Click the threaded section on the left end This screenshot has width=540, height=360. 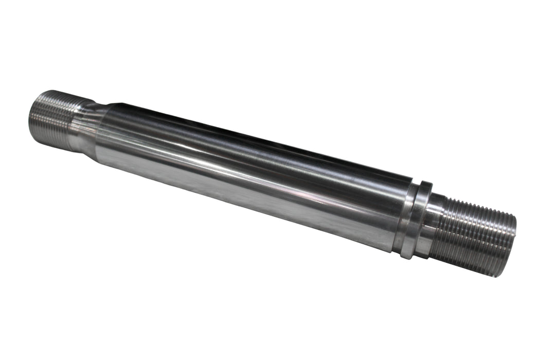pyautogui.click(x=51, y=119)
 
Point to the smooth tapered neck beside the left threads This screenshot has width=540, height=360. pyautogui.click(x=85, y=127)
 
